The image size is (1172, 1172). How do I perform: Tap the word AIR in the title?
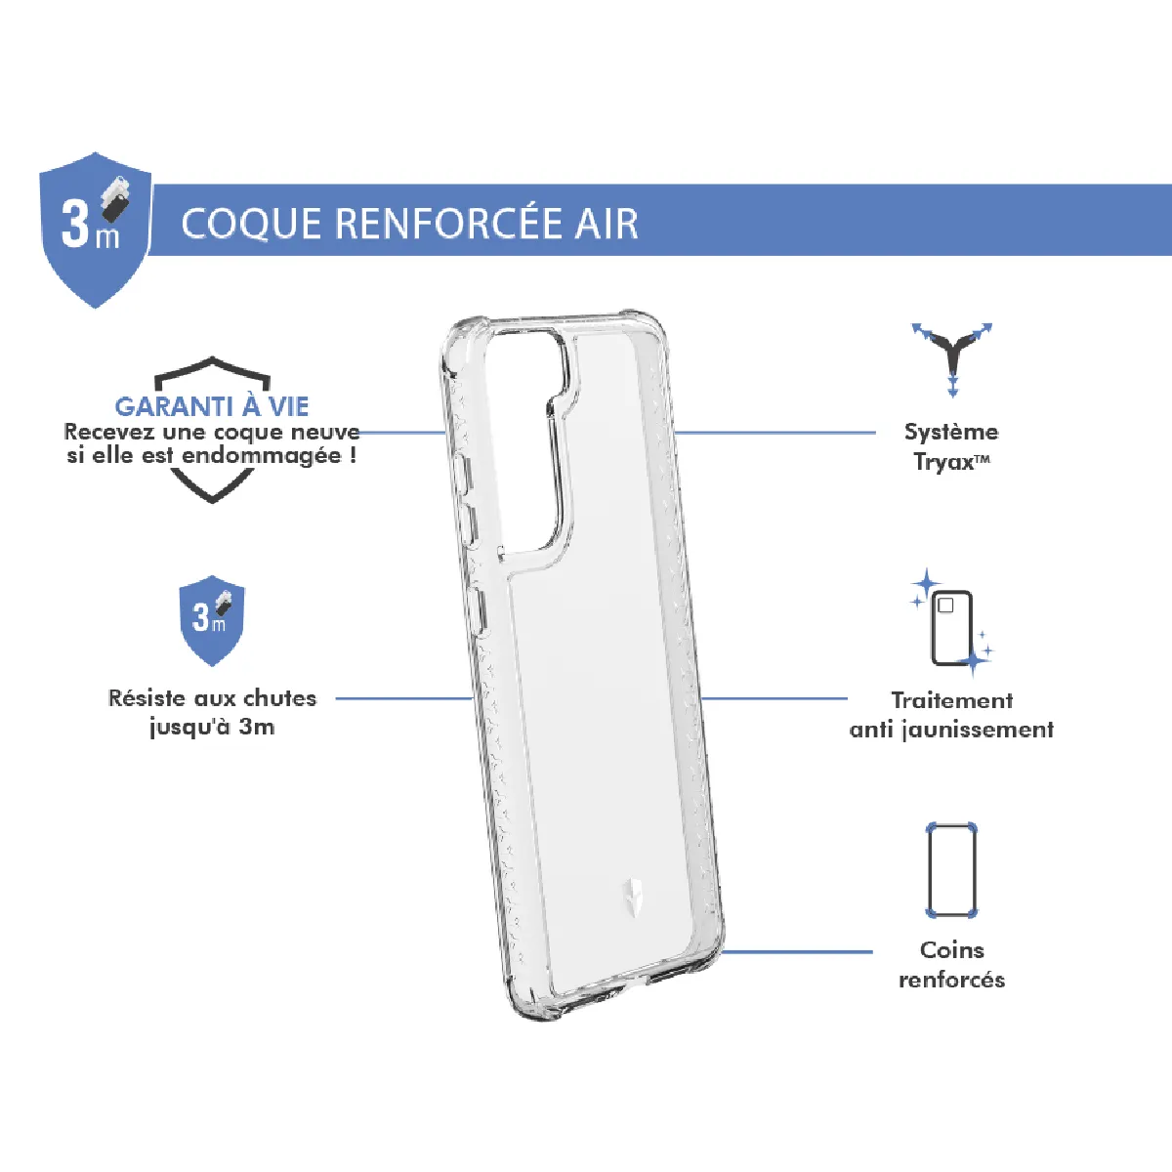pos(607,224)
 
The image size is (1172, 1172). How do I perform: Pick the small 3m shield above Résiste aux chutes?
pos(212,619)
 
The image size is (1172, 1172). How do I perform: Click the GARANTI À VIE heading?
pos(212,406)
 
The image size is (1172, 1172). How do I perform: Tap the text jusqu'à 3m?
pos(212,727)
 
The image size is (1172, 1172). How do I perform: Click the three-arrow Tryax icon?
pos(952,357)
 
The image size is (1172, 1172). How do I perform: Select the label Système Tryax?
pos(952,446)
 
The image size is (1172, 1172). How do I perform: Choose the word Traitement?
pos(952,700)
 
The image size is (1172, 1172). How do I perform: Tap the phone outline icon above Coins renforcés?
pos(951,869)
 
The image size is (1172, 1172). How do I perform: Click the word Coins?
pos(952,949)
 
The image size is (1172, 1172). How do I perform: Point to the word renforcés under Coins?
pos(952,980)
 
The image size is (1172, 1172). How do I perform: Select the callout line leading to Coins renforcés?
pos(796,952)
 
